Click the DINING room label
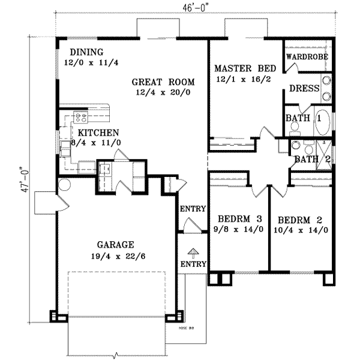pyautogui.click(x=86, y=52)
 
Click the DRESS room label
pyautogui.click(x=303, y=88)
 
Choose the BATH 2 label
pyautogui.click(x=313, y=159)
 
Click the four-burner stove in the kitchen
pyautogui.click(x=80, y=118)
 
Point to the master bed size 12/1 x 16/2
pyautogui.click(x=242, y=79)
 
